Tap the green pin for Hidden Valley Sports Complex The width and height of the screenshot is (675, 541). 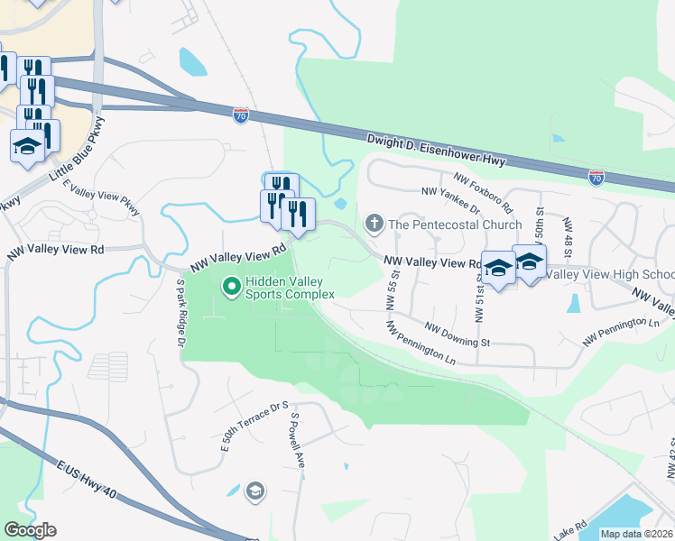[231, 287]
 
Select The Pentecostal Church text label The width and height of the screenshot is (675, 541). [455, 225]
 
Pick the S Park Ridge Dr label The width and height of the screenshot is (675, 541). [180, 310]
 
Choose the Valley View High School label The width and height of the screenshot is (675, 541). [610, 274]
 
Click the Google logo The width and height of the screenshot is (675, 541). [30, 530]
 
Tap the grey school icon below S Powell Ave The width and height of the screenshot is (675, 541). [255, 491]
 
